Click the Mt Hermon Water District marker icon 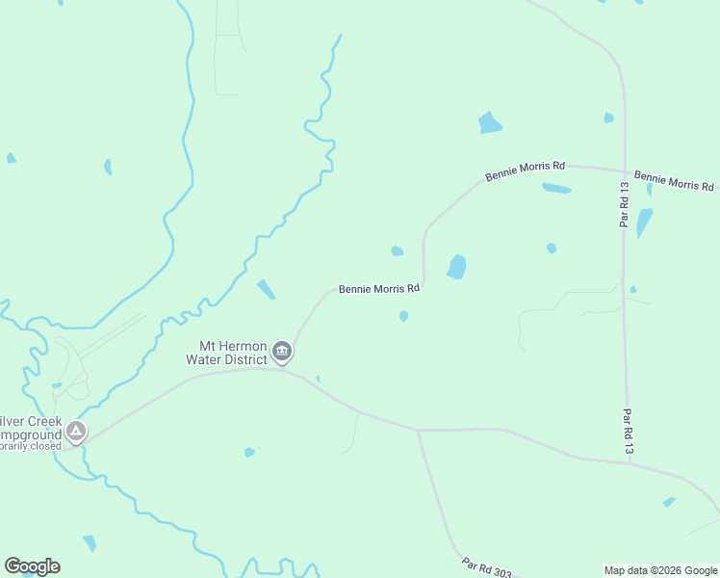pyautogui.click(x=282, y=351)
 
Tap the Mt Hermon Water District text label pyautogui.click(x=232, y=353)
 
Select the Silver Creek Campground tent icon pyautogui.click(x=76, y=431)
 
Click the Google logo pyautogui.click(x=32, y=566)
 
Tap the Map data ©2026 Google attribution pyautogui.click(x=661, y=570)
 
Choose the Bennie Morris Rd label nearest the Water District pyautogui.click(x=379, y=288)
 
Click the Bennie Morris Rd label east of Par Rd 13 pyautogui.click(x=675, y=181)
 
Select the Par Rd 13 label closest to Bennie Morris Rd pyautogui.click(x=624, y=205)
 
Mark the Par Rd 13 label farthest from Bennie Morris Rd pyautogui.click(x=628, y=433)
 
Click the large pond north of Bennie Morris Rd pyautogui.click(x=490, y=123)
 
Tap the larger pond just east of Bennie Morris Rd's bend pyautogui.click(x=456, y=267)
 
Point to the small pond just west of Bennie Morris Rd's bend pyautogui.click(x=398, y=251)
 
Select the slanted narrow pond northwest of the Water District pyautogui.click(x=266, y=289)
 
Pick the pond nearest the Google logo pyautogui.click(x=90, y=543)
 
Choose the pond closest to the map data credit pyautogui.click(x=669, y=502)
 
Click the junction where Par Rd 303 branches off pyautogui.click(x=418, y=431)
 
